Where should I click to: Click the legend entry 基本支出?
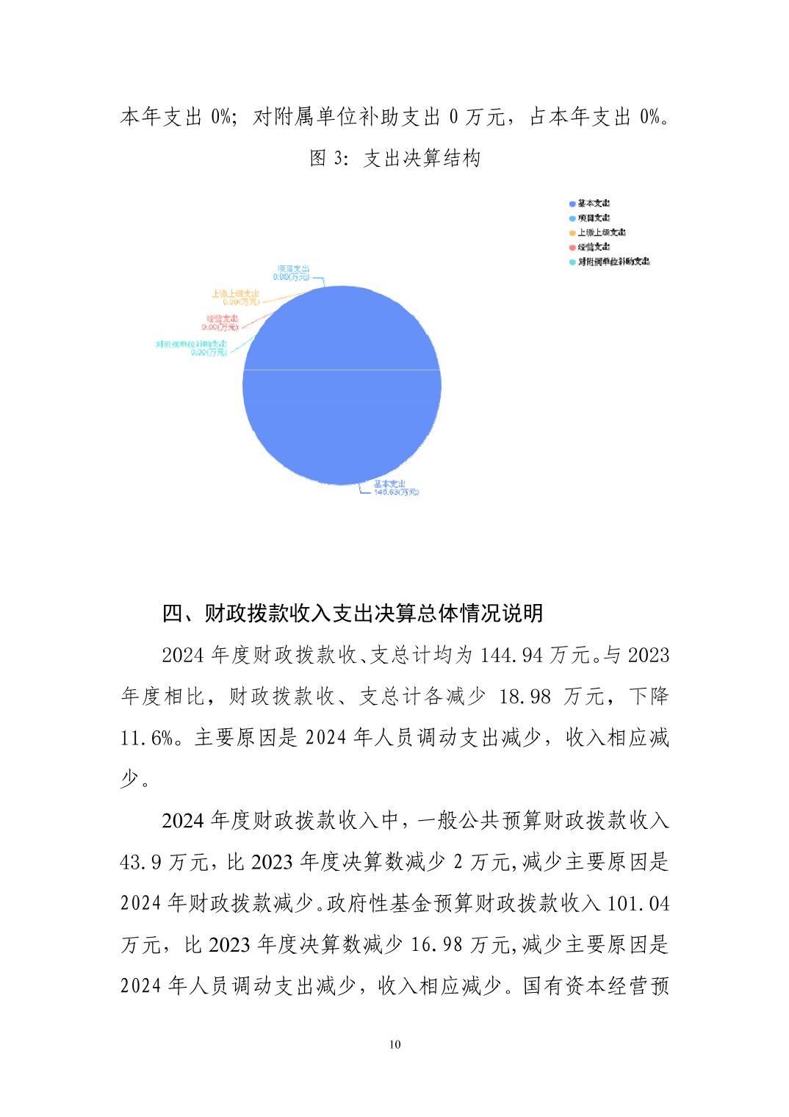coord(593,204)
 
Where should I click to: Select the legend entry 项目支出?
coord(593,218)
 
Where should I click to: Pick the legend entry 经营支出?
coord(593,247)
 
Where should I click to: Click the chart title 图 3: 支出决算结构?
coord(395,158)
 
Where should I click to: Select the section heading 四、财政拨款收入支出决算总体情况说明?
coord(353,613)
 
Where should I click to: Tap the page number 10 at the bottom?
coord(395,1045)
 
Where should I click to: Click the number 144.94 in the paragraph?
coord(512,654)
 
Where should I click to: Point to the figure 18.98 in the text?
coord(525,696)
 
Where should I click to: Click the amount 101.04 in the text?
coord(638,902)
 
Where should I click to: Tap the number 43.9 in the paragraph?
coord(141,861)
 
